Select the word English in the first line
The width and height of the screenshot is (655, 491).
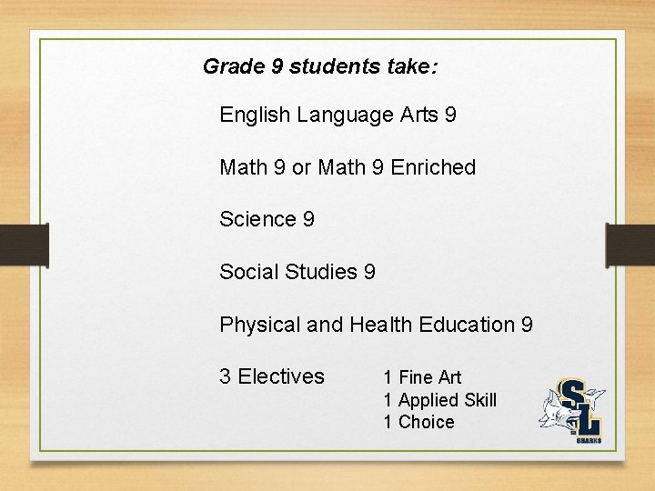coord(255,115)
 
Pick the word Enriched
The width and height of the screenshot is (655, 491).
coord(433,167)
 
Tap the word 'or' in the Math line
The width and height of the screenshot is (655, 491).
coord(301,167)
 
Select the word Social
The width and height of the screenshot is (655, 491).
coord(248,272)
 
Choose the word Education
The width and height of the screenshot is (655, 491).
coord(469,325)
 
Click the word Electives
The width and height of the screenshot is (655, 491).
coord(281,376)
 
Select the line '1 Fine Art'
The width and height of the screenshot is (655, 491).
coord(422,377)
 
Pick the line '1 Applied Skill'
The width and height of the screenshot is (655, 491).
coord(439,400)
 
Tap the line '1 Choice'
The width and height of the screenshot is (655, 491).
coord(418,422)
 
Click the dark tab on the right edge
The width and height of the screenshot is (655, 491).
coord(630,245)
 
